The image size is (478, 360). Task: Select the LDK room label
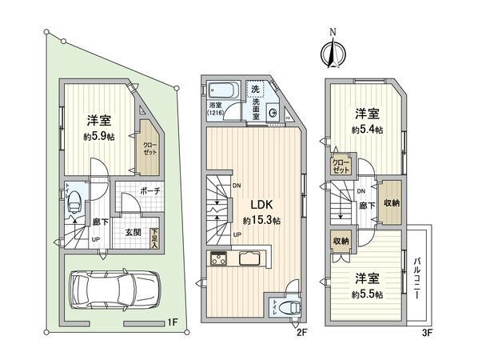(x=259, y=203)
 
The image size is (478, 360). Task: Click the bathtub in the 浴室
(x=221, y=90)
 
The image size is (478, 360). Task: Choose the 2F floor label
(x=301, y=330)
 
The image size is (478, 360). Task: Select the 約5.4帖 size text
(x=366, y=128)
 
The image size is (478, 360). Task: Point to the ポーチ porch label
(x=149, y=192)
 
